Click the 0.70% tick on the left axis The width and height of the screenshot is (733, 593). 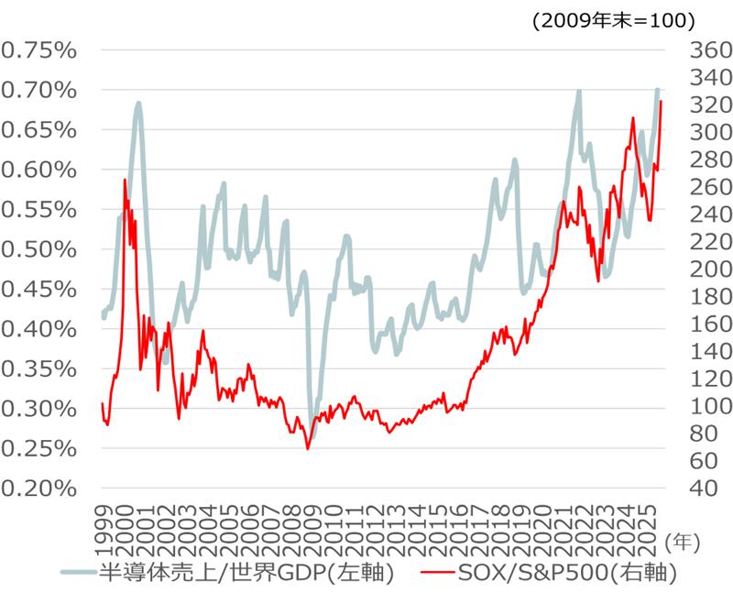[x=38, y=90]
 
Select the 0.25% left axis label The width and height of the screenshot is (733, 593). [x=38, y=447]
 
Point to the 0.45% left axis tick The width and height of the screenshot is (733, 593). [x=38, y=289]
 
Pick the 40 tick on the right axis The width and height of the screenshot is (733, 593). [x=695, y=488]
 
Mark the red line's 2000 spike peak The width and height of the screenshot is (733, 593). [x=125, y=181]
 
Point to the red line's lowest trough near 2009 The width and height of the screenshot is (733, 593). [x=308, y=448]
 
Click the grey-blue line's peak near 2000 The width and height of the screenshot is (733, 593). [x=138, y=104]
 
